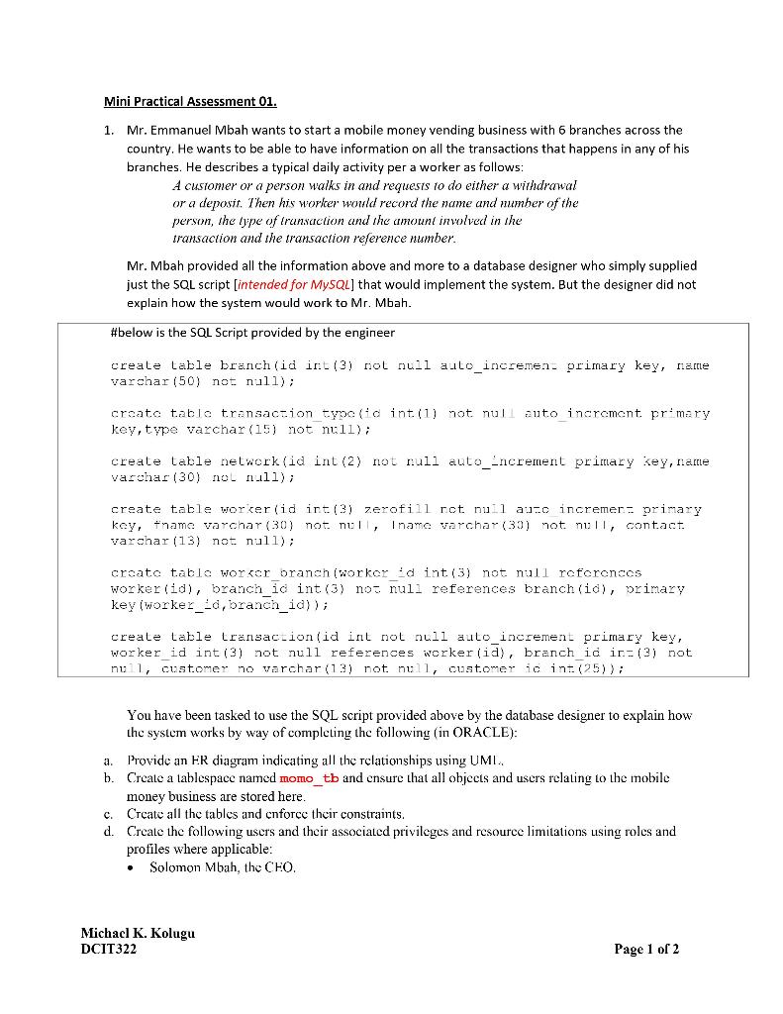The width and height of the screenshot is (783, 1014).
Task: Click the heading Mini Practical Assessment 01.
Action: pos(191,102)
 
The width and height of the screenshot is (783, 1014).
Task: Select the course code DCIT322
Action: pos(109,950)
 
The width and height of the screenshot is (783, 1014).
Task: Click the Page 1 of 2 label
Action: pos(645,950)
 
